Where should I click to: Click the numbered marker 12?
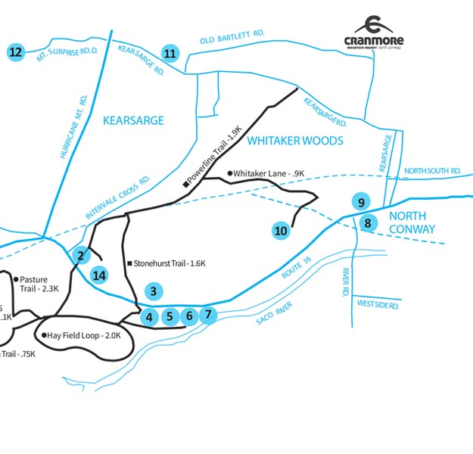click(x=14, y=52)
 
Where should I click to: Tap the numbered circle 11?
click(x=170, y=53)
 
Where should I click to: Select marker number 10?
click(x=281, y=231)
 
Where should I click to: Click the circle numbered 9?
click(x=362, y=202)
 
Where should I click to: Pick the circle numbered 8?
click(x=368, y=222)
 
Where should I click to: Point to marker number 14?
click(x=98, y=275)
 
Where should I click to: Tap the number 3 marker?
click(x=154, y=291)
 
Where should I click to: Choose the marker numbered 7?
click(x=210, y=314)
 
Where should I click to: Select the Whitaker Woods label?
click(x=296, y=141)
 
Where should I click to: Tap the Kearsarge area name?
click(x=133, y=120)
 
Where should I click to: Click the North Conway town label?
click(x=412, y=222)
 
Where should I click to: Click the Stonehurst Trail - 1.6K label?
click(x=170, y=263)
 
